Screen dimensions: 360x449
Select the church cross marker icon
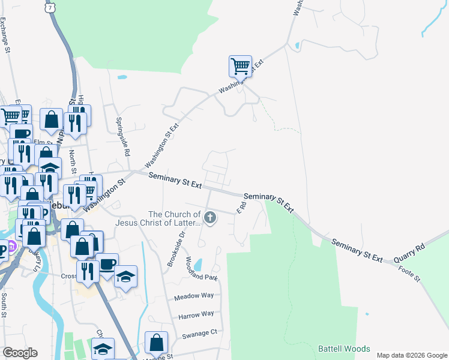[x=210, y=218]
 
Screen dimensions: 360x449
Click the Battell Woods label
[x=344, y=349]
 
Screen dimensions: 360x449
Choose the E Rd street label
[x=241, y=208]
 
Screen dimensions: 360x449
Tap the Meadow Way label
[x=194, y=296]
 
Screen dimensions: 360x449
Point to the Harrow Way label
[x=196, y=314]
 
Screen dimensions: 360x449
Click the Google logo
[x=20, y=352]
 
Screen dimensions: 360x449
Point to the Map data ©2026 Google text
[x=411, y=355]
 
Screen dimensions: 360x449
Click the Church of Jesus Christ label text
[x=174, y=219]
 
